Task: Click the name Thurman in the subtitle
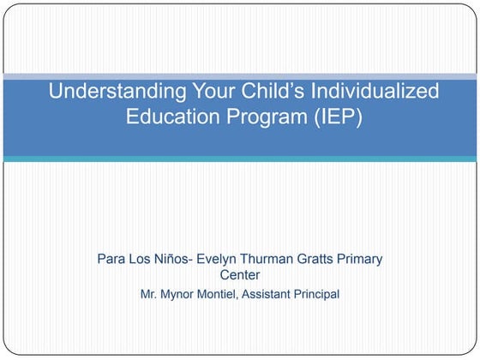(273, 259)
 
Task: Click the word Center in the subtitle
(240, 275)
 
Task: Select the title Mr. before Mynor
(150, 294)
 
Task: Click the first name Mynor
(182, 294)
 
